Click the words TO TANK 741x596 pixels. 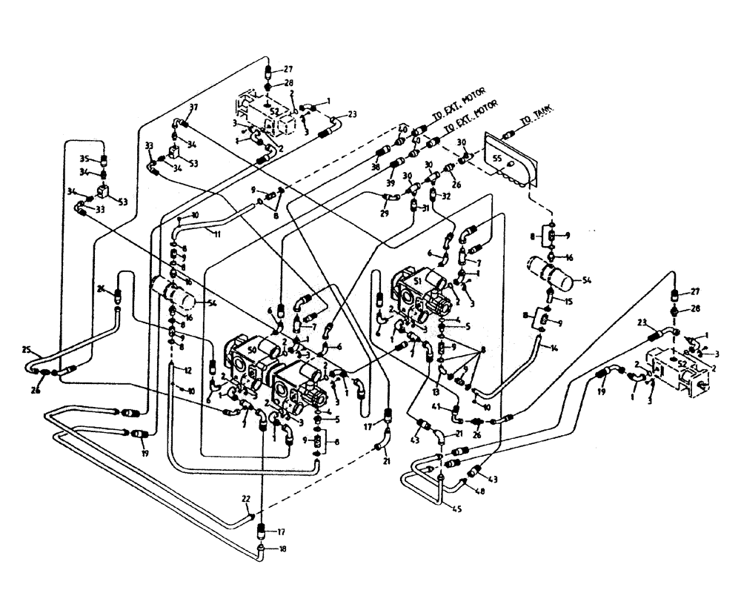coord(536,117)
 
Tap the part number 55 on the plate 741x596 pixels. coord(496,159)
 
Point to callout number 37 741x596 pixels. coord(193,108)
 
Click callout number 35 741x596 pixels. coord(84,159)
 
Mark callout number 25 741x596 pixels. coord(26,348)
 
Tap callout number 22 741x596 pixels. coord(245,497)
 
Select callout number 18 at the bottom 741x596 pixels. coord(281,549)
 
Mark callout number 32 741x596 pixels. coord(446,196)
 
